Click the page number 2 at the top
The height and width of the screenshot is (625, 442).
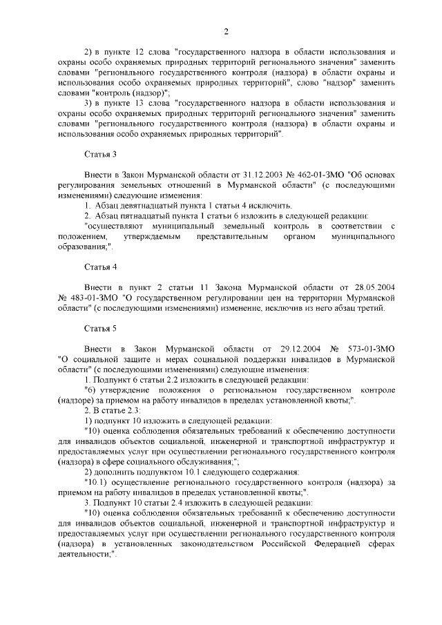pos(226,30)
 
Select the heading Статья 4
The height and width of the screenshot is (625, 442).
pos(100,267)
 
